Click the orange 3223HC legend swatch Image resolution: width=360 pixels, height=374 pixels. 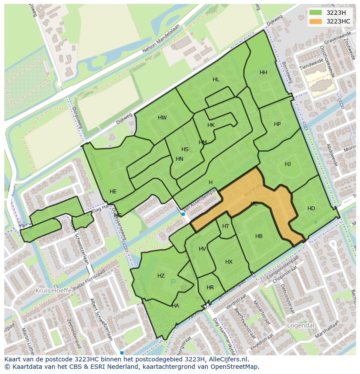pyautogui.click(x=316, y=21)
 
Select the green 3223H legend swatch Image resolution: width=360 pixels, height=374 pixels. pyautogui.click(x=316, y=13)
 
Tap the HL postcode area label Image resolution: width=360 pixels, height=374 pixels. pyautogui.click(x=216, y=79)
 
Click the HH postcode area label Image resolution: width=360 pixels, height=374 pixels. pyautogui.click(x=263, y=73)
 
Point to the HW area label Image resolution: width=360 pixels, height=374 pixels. pyautogui.click(x=162, y=118)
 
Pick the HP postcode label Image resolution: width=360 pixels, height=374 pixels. pyautogui.click(x=277, y=124)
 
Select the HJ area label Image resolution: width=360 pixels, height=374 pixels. pyautogui.click(x=288, y=164)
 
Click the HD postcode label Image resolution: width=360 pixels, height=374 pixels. pyautogui.click(x=311, y=209)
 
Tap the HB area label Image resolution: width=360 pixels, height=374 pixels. pyautogui.click(x=259, y=236)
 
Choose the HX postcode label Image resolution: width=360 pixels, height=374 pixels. pyautogui.click(x=229, y=262)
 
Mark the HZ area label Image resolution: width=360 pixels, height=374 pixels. pyautogui.click(x=161, y=276)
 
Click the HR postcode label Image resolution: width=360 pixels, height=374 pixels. pyautogui.click(x=210, y=288)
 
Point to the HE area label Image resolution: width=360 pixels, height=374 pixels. pyautogui.click(x=113, y=192)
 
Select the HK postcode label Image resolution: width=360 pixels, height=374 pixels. pyautogui.click(x=211, y=125)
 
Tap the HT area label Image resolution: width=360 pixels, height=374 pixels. pyautogui.click(x=226, y=226)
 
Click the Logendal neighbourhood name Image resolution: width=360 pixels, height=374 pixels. pyautogui.click(x=300, y=325)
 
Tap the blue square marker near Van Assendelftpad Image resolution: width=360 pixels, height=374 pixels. pyautogui.click(x=183, y=214)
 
